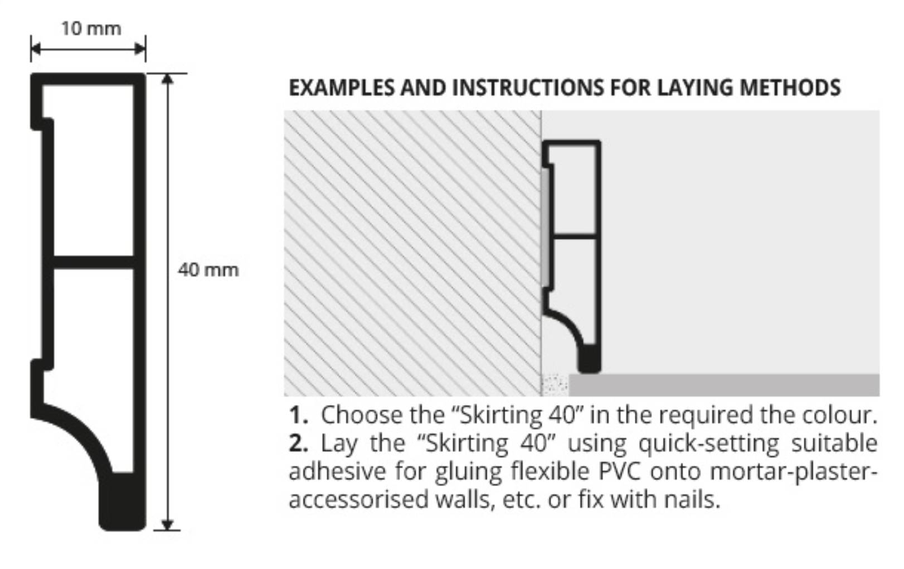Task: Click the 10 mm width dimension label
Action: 91,28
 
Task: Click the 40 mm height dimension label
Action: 208,270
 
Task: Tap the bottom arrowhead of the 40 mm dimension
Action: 167,524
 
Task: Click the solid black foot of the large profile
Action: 123,501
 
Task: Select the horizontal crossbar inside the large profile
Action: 94,262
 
